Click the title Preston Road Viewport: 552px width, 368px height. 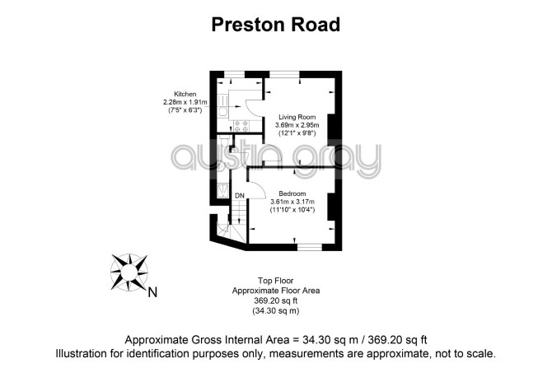click(x=276, y=25)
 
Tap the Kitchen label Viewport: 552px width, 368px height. click(x=185, y=94)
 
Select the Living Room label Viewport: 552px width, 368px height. click(x=297, y=117)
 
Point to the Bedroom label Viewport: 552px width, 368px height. click(x=292, y=193)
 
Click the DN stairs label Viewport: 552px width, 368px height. click(x=240, y=196)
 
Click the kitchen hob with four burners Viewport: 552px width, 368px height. click(x=241, y=126)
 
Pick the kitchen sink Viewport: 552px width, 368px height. click(x=222, y=113)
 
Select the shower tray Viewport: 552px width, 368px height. click(x=222, y=190)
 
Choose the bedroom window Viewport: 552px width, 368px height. click(x=310, y=247)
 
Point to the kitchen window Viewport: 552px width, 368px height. click(x=235, y=74)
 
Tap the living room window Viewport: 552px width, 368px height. click(x=284, y=74)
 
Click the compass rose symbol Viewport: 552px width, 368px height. click(x=129, y=273)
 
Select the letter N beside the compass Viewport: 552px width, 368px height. click(x=152, y=292)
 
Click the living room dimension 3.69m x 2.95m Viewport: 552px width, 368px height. click(x=297, y=125)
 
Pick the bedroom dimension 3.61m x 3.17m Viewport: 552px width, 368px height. click(x=292, y=202)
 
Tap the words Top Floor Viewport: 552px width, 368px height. click(x=276, y=281)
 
